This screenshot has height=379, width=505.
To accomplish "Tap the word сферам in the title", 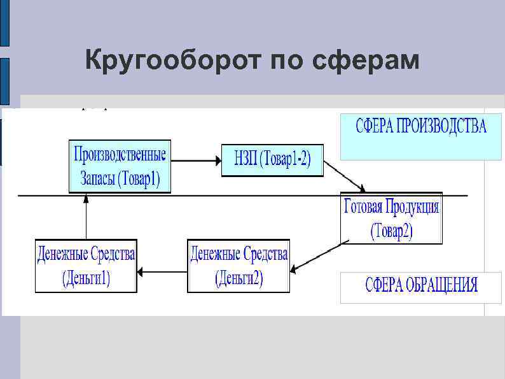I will pyautogui.click(x=366, y=61).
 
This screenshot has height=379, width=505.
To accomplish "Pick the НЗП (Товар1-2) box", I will pyautogui.click(x=272, y=160).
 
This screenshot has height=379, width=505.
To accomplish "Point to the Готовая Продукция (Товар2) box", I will pyautogui.click(x=391, y=218).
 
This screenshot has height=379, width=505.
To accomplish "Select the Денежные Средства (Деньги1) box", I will pyautogui.click(x=86, y=266).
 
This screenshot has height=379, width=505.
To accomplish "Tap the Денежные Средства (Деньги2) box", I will pyautogui.click(x=239, y=266).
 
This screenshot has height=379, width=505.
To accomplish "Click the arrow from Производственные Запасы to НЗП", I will pyautogui.click(x=197, y=160).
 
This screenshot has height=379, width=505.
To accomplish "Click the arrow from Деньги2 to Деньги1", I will pyautogui.click(x=163, y=272).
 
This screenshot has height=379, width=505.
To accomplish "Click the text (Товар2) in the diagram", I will pyautogui.click(x=392, y=232).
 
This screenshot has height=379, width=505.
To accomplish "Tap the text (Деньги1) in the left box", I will pyautogui.click(x=86, y=278).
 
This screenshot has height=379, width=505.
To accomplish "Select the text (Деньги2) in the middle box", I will pyautogui.click(x=239, y=278).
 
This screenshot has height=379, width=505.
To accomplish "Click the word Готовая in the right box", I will pyautogui.click(x=363, y=207).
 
